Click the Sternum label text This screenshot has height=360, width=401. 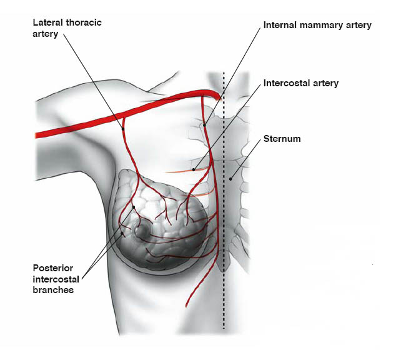[282, 139]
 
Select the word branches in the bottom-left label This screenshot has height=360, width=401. [52, 290]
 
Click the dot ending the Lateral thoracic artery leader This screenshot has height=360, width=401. [123, 129]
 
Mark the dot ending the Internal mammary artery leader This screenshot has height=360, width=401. [204, 125]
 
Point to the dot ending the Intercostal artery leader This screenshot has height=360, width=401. [194, 169]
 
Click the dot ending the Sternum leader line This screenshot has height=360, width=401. [230, 179]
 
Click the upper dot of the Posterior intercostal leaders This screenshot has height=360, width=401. [134, 207]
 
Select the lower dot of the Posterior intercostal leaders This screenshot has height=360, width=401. [122, 234]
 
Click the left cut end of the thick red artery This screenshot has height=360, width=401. [37, 134]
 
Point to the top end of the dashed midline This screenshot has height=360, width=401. [224, 74]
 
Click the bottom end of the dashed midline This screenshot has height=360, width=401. [224, 327]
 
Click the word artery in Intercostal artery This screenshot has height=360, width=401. [325, 82]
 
